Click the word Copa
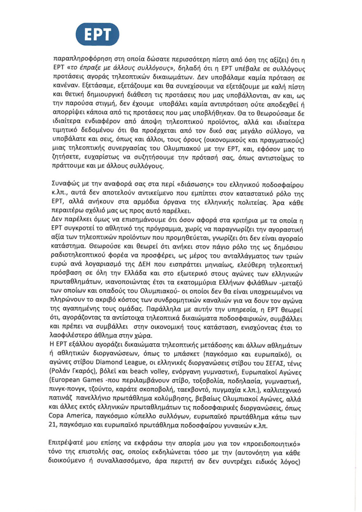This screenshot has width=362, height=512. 63,416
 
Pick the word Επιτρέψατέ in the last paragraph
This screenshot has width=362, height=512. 73,445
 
